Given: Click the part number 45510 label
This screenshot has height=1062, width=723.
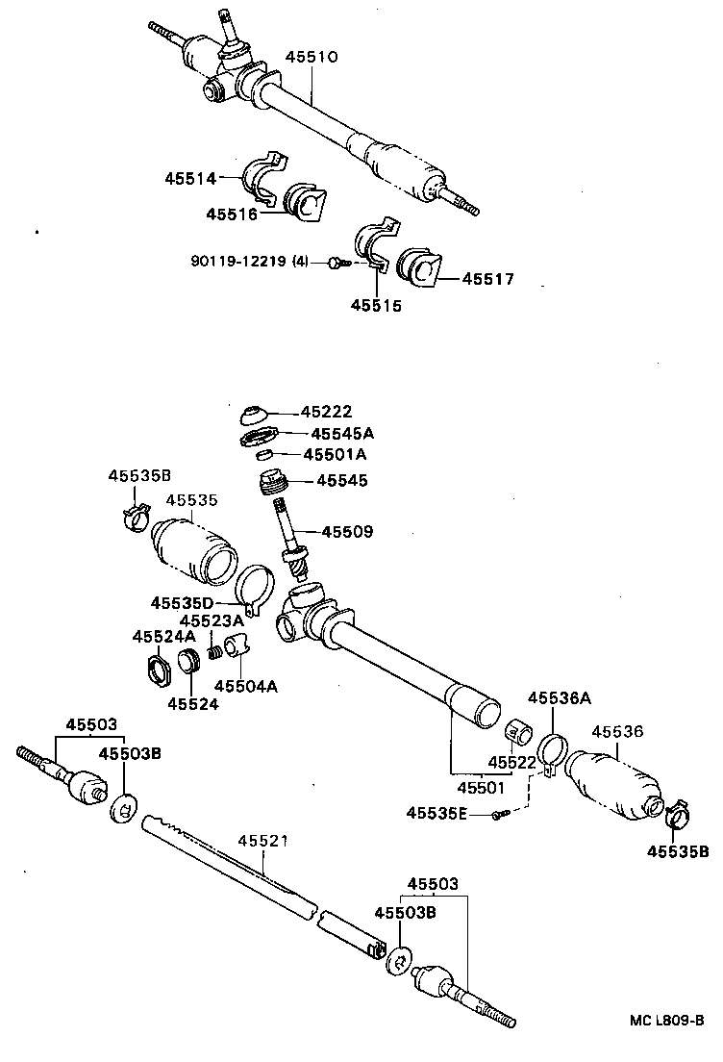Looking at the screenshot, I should pyautogui.click(x=312, y=58).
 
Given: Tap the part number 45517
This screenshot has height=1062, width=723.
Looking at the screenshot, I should pyautogui.click(x=487, y=279).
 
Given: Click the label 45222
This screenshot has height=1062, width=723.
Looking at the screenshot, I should pyautogui.click(x=326, y=412).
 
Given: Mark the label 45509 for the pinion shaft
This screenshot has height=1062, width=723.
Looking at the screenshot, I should pyautogui.click(x=347, y=531).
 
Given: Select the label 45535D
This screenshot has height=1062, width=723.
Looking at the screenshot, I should pyautogui.click(x=182, y=603).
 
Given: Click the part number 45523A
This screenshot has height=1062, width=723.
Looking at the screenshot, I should pyautogui.click(x=212, y=620).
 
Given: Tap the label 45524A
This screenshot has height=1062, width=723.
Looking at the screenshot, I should pyautogui.click(x=163, y=637).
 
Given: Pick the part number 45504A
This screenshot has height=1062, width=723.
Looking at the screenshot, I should pyautogui.click(x=245, y=686).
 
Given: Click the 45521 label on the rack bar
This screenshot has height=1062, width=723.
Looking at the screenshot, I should pyautogui.click(x=262, y=841).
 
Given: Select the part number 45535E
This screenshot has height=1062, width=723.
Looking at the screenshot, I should pyautogui.click(x=436, y=813).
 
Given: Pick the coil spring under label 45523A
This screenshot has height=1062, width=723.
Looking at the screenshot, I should pyautogui.click(x=216, y=652).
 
